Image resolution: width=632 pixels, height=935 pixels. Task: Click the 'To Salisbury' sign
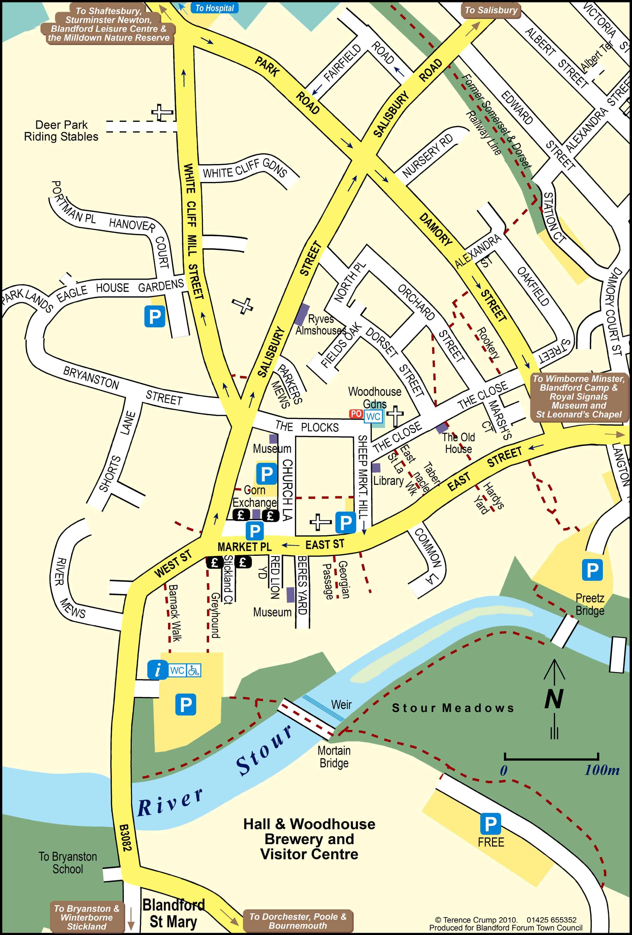(x=491, y=10)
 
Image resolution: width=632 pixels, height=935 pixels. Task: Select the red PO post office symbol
(x=356, y=414)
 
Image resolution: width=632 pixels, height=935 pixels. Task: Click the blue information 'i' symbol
(x=157, y=670)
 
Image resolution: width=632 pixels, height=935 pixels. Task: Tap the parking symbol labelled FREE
(x=490, y=824)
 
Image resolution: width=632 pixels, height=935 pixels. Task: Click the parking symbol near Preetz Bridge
(x=592, y=570)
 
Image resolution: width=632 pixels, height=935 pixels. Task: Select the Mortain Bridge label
(x=334, y=757)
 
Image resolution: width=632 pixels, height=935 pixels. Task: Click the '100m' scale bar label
(x=602, y=770)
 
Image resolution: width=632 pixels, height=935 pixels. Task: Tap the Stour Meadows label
(x=453, y=708)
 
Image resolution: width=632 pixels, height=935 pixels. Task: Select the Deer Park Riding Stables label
(x=61, y=131)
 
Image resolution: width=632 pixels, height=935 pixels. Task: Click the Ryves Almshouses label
(x=321, y=325)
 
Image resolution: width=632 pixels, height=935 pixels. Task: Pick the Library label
(x=388, y=481)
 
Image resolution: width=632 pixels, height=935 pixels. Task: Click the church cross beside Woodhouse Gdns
(x=395, y=416)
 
